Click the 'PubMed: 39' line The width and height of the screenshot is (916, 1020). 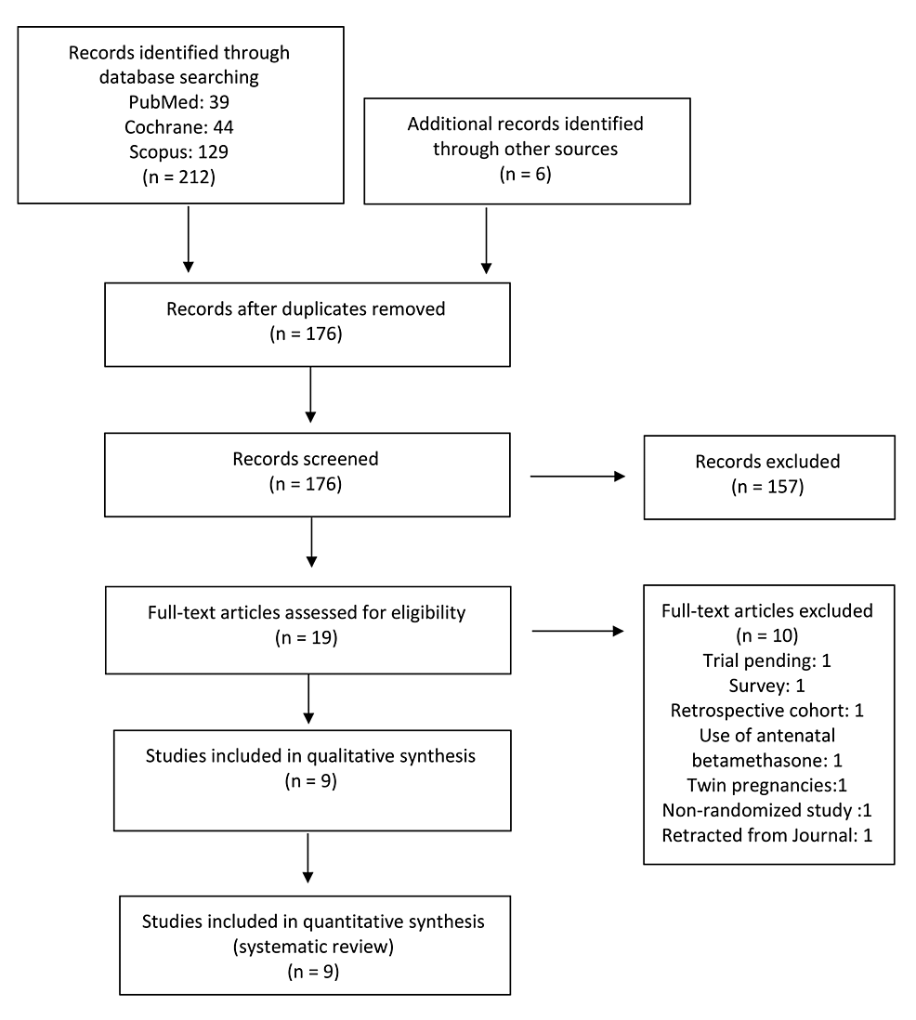pos(179,102)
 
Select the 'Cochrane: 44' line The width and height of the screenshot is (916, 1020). pos(179,127)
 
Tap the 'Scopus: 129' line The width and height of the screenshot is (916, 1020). pos(179,152)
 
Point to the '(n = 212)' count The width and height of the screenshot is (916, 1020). pos(179,177)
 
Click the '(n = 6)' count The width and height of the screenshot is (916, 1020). pos(526,174)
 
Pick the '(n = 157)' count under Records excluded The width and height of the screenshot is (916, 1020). pos(767,487)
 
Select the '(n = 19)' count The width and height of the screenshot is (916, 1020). pos(307,637)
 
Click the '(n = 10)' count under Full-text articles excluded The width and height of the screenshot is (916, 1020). pos(767,635)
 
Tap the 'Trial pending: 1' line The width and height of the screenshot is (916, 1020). pos(767,660)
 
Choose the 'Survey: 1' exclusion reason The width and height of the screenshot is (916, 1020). pos(767,686)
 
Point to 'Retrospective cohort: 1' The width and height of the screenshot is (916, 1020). pos(767,711)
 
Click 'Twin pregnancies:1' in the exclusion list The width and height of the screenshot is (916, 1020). pos(767,785)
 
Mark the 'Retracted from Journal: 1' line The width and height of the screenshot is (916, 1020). pos(767,835)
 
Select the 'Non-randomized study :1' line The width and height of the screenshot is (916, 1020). pos(767,811)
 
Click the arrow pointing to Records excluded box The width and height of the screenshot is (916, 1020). pos(578,477)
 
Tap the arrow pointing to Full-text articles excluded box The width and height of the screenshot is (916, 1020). pos(578,631)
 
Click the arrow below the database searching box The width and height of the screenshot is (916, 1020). pos(188,240)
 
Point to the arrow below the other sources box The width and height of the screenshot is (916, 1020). pos(486,240)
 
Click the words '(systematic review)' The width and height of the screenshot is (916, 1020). pos(314,947)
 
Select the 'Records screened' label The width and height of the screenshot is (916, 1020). pos(306,459)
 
